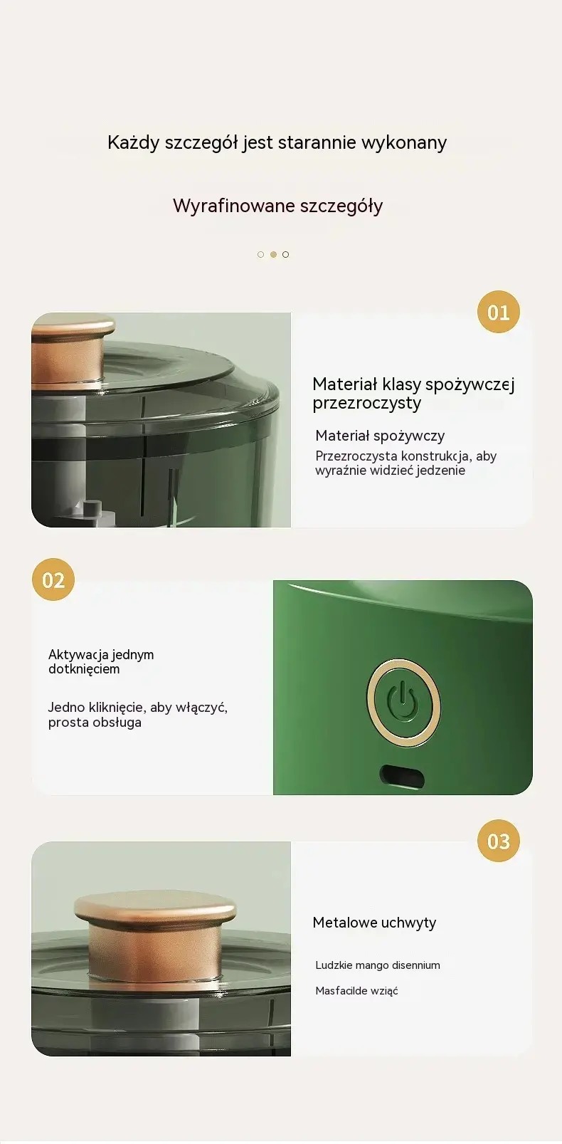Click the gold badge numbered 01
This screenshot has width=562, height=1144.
pos(498,312)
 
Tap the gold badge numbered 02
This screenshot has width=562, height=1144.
pos(53,579)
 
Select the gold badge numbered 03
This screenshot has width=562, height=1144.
pos(498,841)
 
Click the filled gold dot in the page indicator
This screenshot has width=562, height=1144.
pos(273,254)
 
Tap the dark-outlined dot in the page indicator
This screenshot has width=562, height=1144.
pos(285,254)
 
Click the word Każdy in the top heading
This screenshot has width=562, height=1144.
pos(133,142)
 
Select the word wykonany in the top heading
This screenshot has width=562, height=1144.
pos(404,142)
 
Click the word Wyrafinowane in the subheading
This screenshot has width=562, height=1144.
pos(233,206)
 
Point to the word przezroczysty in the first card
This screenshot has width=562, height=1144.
pos(366,404)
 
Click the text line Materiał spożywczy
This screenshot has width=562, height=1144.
pos(380,436)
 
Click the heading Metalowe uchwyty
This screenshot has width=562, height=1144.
pos(374,923)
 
